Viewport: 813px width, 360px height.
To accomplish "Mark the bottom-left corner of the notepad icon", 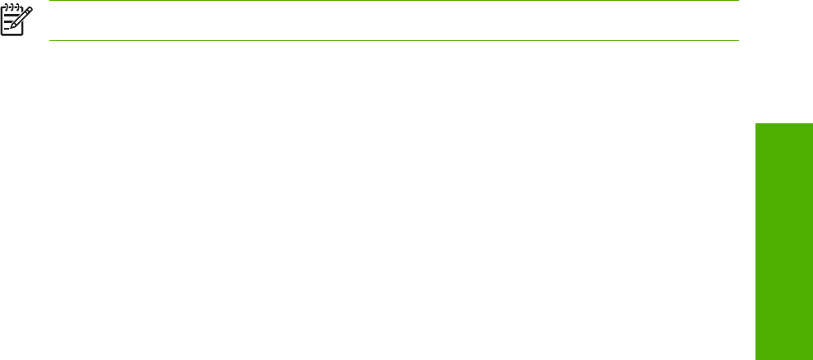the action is pos(2,34).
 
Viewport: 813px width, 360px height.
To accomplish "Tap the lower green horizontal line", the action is pos(395,40).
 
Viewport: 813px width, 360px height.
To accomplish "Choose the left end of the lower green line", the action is pos(51,40).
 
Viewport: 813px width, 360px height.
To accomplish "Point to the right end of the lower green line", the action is pos(738,40).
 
